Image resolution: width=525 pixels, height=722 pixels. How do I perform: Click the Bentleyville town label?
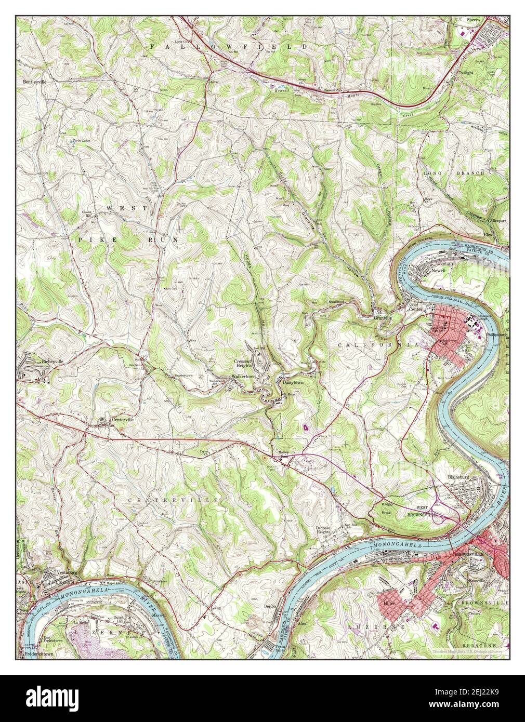tap(34, 82)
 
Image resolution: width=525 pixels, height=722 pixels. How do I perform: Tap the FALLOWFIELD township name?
tap(229, 47)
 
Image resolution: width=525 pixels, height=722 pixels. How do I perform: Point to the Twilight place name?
tap(466, 73)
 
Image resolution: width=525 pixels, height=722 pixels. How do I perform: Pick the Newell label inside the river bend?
tap(438, 271)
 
